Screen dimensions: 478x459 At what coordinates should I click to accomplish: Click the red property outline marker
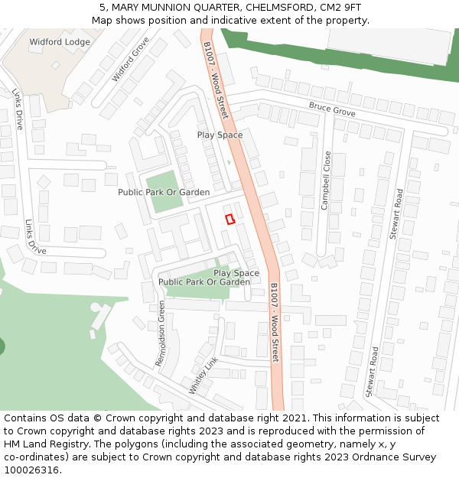[x=229, y=219]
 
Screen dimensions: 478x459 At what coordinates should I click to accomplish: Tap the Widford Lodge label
[x=60, y=42]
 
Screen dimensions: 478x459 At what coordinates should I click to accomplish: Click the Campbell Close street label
[x=327, y=180]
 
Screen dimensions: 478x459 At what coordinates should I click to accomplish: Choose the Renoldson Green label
[x=161, y=333]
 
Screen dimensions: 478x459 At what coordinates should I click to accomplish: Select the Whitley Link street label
[x=203, y=374]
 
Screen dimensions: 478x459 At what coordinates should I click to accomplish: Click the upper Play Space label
[x=220, y=135]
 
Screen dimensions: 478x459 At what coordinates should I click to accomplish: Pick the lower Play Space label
[x=236, y=273]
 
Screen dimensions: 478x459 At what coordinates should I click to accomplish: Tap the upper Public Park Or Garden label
[x=164, y=192]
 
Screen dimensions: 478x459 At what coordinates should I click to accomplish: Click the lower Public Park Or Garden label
[x=204, y=282]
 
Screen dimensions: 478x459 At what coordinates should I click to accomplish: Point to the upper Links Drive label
[x=18, y=109]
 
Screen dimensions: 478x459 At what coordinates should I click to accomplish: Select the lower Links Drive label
[x=36, y=238]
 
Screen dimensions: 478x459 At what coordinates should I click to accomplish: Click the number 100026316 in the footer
[x=31, y=470]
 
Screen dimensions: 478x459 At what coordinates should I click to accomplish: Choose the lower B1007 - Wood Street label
[x=274, y=322]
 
